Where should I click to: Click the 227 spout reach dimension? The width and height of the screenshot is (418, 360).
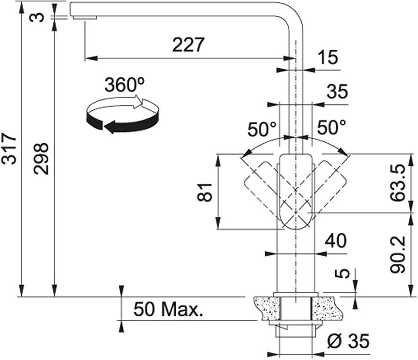(x=188, y=45)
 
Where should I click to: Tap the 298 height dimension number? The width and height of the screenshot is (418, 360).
(x=41, y=159)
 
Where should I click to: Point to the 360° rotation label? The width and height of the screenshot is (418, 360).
(x=124, y=85)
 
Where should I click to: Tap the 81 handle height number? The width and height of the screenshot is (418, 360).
(x=205, y=192)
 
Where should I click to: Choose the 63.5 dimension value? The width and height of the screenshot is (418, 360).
(x=398, y=183)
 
